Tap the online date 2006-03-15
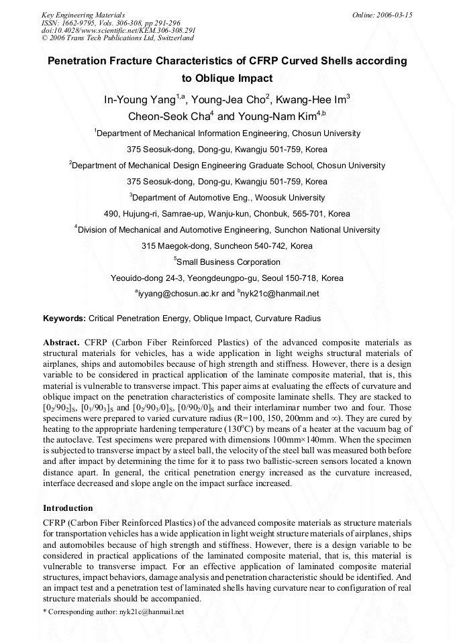382,15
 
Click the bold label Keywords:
64,318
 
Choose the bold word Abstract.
62,341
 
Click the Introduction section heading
68,508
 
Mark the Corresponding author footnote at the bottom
113,612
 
